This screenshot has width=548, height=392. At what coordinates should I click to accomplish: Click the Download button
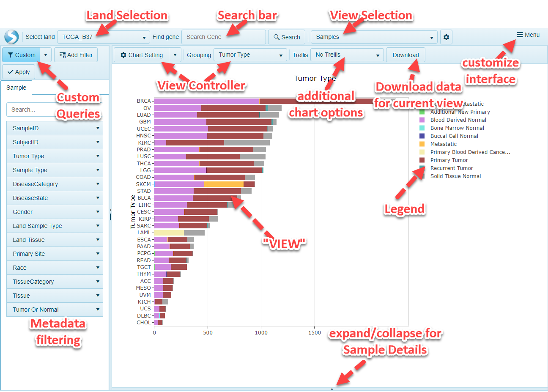point(406,55)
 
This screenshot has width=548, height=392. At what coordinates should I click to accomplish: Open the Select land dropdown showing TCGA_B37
point(103,37)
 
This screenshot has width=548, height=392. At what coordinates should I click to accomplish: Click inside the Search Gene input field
point(223,37)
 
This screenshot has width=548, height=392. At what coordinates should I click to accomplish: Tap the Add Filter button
point(76,55)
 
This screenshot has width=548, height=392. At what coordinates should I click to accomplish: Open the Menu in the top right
point(528,35)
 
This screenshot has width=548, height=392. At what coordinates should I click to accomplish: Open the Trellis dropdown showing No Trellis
point(347,55)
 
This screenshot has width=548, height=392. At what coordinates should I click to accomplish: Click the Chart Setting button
point(142,55)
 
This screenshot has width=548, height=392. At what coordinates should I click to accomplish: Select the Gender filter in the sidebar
point(55,212)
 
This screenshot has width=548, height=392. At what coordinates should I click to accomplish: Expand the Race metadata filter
point(55,268)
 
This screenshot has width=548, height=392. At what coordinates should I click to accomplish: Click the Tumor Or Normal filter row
point(55,310)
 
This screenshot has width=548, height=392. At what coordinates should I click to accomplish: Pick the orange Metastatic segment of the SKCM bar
point(224,184)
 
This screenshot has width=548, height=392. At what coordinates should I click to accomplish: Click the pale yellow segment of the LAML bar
point(169,233)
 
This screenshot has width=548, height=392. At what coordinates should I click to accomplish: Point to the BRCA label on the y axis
point(144,101)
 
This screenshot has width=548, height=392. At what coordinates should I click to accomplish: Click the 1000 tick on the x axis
point(261,332)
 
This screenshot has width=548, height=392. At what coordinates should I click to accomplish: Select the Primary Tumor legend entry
point(449,160)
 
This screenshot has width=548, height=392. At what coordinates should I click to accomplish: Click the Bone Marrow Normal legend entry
point(457,128)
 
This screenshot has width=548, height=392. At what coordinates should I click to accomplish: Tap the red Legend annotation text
point(404,209)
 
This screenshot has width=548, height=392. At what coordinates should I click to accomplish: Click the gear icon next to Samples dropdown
point(446,37)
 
